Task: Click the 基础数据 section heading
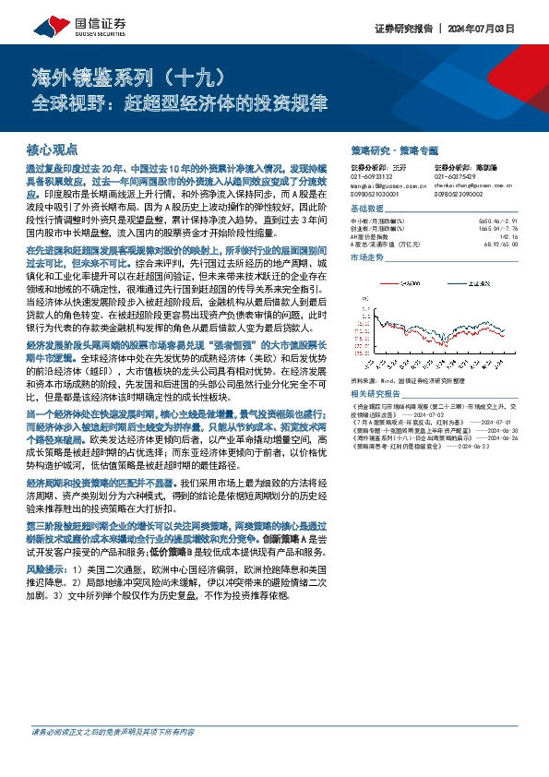[367, 209]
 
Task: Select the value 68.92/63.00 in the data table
[498, 244]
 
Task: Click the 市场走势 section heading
[367, 257]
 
